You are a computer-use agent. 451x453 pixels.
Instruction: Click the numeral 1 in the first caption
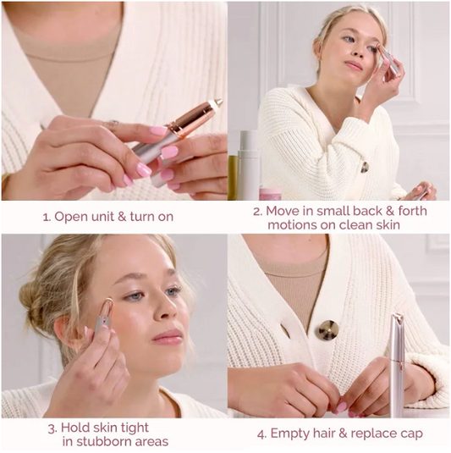coord(45,217)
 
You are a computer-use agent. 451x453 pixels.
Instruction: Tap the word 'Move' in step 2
coord(283,211)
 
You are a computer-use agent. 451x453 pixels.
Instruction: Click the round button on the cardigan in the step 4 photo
coord(327,329)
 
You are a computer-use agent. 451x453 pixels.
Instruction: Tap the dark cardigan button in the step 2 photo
coord(365,167)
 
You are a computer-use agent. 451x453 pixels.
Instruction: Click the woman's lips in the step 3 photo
coord(168,336)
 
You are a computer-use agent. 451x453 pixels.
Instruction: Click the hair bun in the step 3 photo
coord(30,294)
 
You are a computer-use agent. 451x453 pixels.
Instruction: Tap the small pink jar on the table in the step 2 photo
coord(271,194)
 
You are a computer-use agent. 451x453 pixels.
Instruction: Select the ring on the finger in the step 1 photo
coord(113,124)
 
